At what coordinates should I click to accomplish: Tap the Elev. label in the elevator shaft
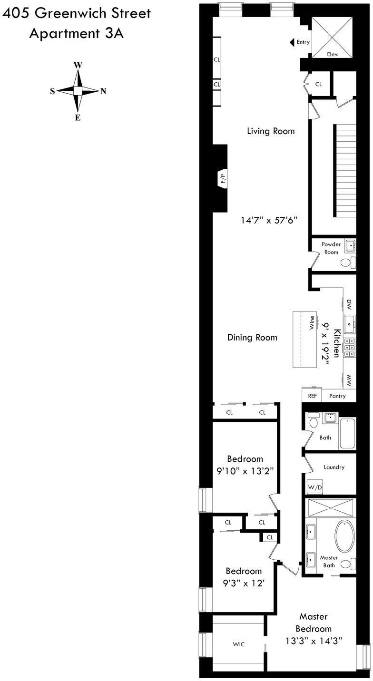click(x=332, y=54)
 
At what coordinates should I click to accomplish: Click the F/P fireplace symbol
click(x=222, y=179)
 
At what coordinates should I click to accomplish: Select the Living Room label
click(x=270, y=131)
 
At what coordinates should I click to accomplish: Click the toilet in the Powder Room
click(x=348, y=263)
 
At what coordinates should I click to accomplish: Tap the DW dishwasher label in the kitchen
click(x=349, y=303)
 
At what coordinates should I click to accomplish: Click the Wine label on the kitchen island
click(x=312, y=322)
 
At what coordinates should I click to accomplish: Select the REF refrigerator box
click(x=312, y=396)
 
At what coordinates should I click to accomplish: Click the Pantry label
click(x=337, y=396)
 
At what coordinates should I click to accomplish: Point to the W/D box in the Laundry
click(x=314, y=487)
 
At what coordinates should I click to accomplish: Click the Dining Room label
click(x=252, y=338)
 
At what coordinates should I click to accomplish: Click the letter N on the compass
click(x=103, y=91)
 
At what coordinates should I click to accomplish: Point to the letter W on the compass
click(x=77, y=66)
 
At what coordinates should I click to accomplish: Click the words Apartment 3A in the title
click(x=76, y=34)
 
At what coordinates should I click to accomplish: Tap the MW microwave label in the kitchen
click(x=349, y=380)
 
